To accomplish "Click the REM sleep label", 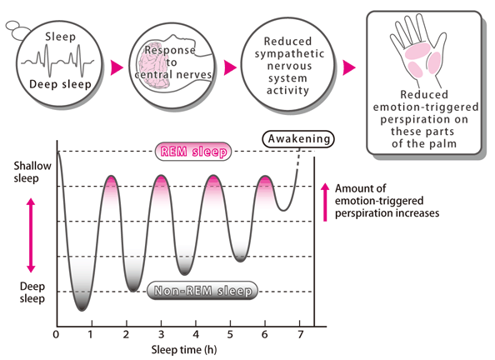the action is click(x=193, y=152).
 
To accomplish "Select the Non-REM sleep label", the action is click(x=202, y=291).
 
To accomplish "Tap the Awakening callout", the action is click(x=298, y=139).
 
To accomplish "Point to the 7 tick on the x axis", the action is click(x=301, y=334).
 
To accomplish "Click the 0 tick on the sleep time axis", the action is click(x=56, y=334).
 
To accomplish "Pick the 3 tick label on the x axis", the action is click(x=162, y=334).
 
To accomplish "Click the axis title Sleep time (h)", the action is click(x=184, y=350).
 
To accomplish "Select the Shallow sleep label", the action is click(x=32, y=172).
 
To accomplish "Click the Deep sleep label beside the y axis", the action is click(x=32, y=292).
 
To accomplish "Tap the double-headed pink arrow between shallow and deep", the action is click(x=31, y=235).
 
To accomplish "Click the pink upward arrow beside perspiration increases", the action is click(x=325, y=202).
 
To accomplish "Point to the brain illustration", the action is click(x=153, y=65).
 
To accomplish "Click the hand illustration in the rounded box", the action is click(x=417, y=51).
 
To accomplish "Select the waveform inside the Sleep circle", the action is click(x=57, y=62).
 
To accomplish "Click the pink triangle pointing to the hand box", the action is click(x=349, y=67).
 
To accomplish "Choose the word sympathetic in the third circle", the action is click(x=289, y=53).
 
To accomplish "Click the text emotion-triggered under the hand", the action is click(x=426, y=107).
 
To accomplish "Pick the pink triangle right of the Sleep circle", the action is click(x=117, y=67).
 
